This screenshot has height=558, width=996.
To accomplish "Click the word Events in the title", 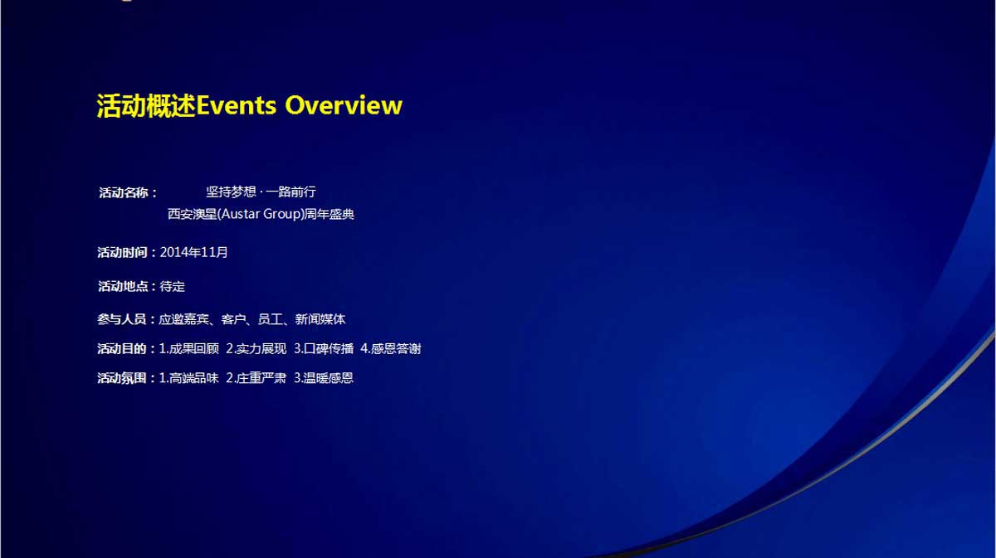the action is (236, 106).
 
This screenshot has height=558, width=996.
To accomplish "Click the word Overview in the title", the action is (344, 106).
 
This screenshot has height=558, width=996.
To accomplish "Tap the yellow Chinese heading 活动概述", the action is (146, 106).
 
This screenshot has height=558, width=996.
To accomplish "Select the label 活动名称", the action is (124, 193).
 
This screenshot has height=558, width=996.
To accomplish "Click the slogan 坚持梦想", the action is (232, 192).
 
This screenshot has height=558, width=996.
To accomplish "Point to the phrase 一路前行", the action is (290, 192).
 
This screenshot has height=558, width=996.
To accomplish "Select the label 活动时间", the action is (122, 252).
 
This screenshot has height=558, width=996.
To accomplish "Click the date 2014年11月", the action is (194, 252).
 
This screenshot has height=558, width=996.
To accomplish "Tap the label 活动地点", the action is (123, 286).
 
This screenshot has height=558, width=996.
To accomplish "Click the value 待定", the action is (172, 286).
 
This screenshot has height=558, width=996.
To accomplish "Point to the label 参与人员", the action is (122, 319).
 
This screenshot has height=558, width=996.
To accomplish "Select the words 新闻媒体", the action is (320, 319).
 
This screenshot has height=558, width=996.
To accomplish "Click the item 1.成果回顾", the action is (189, 349).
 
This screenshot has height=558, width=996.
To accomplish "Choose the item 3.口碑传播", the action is (324, 349).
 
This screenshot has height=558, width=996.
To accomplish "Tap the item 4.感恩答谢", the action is (391, 349).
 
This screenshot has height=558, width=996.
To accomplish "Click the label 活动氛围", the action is (122, 378).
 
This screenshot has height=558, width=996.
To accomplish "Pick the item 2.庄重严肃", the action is (256, 378).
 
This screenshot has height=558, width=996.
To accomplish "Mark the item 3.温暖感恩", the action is (324, 378).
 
